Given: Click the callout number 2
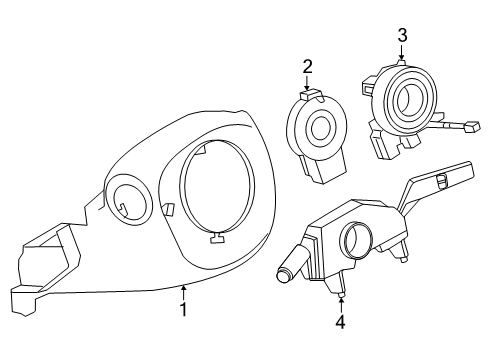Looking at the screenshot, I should point(308,67).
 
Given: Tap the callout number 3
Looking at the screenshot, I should point(402,36).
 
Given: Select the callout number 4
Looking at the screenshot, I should point(341,322).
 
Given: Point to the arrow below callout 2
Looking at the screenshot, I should point(308,84).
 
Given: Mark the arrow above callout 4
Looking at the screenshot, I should point(341,301).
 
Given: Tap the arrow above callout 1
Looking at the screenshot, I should point(184,290).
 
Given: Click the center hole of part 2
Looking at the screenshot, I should point(321,130).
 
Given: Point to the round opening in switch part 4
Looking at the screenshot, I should point(356,241).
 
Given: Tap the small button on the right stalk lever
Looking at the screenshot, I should point(440,179).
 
